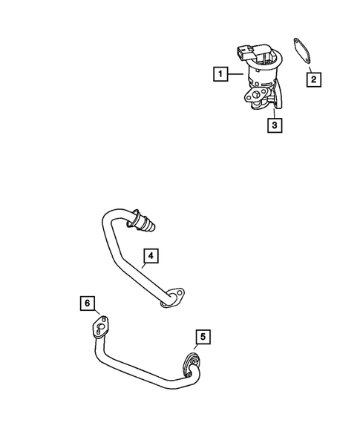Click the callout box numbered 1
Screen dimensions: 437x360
[x=219, y=73]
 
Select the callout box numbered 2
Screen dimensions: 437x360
[x=314, y=79]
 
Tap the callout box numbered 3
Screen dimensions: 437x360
[x=275, y=125]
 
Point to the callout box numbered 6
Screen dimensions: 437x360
[x=88, y=303]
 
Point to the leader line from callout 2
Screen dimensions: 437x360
[x=310, y=68]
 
